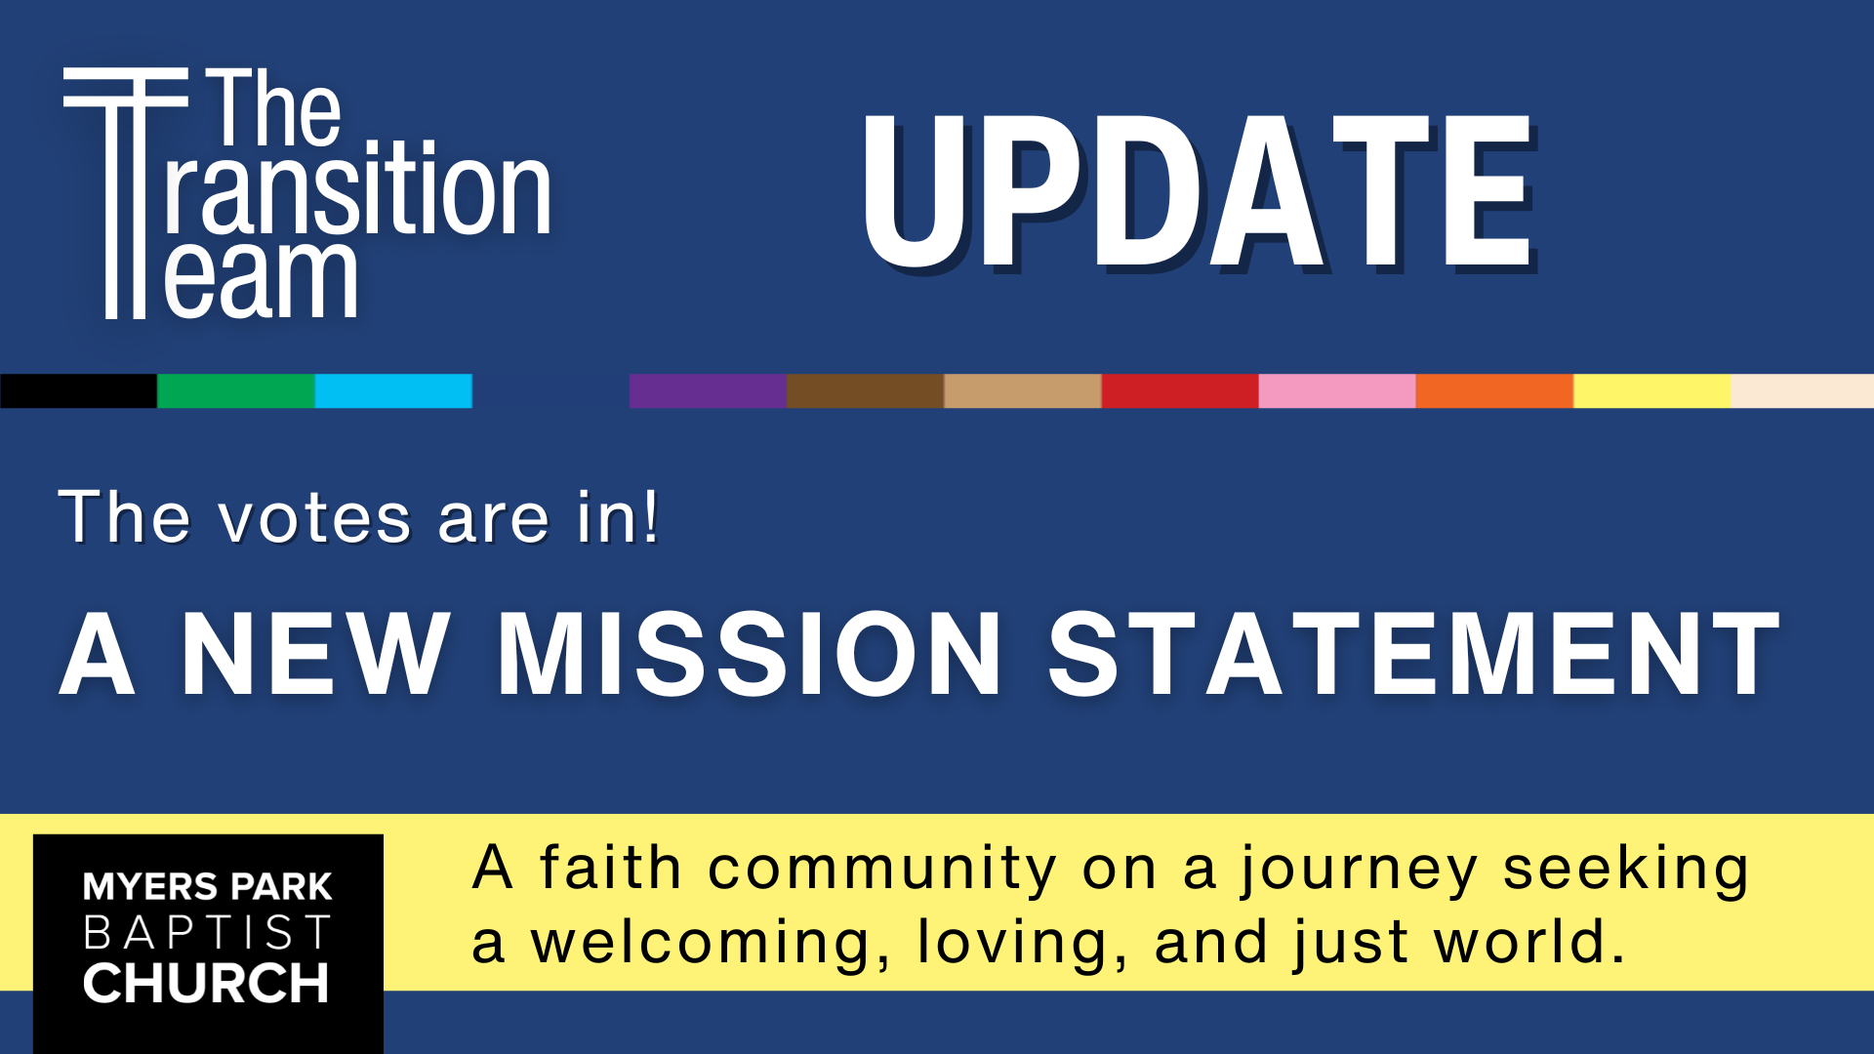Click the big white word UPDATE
(1199, 191)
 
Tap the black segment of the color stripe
(78, 390)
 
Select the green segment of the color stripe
(236, 390)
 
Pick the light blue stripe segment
(393, 390)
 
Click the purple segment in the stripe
(708, 390)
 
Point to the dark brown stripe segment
(866, 390)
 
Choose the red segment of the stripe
(1180, 390)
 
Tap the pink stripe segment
(1337, 390)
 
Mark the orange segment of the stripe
(1494, 390)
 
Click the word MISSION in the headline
(750, 654)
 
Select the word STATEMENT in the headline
(1414, 654)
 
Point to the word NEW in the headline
(315, 654)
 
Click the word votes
(315, 518)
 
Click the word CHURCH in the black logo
(206, 983)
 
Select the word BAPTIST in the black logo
(207, 933)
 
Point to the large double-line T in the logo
(125, 193)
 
